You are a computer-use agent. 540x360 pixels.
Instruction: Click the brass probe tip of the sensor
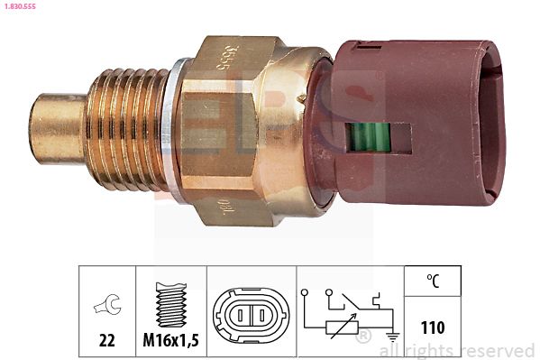pyautogui.click(x=59, y=120)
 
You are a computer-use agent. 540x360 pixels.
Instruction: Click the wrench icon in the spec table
pyautogui.click(x=106, y=309)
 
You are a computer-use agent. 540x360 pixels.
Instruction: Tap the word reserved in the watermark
pyautogui.click(x=499, y=350)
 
